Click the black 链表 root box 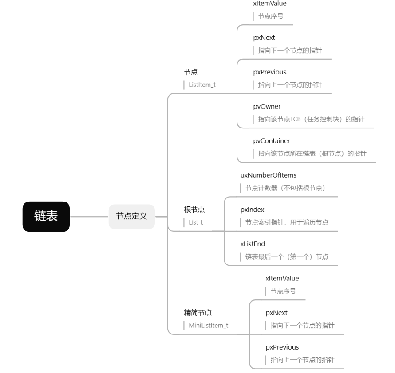pyautogui.click(x=46, y=217)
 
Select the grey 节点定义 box pyautogui.click(x=132, y=217)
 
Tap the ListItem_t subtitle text pyautogui.click(x=202, y=84)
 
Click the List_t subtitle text pyautogui.click(x=196, y=222)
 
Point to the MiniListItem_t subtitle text pyautogui.click(x=208, y=325)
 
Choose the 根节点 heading pyautogui.click(x=194, y=210)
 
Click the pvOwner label pyautogui.click(x=266, y=106)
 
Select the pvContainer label pyautogui.click(x=271, y=141)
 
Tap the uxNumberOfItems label pyautogui.click(x=268, y=175)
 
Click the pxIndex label pyautogui.click(x=252, y=210)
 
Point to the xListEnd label pyautogui.click(x=253, y=244)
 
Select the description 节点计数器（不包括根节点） pyautogui.click(x=285, y=188)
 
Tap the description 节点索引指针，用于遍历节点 pyautogui.click(x=287, y=222)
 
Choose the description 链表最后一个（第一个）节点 pyautogui.click(x=287, y=256)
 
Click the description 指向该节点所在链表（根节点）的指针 pyautogui.click(x=312, y=153)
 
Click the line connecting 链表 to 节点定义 pyautogui.click(x=89, y=217)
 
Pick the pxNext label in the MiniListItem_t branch pyautogui.click(x=276, y=313)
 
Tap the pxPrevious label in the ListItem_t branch pyautogui.click(x=269, y=72)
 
